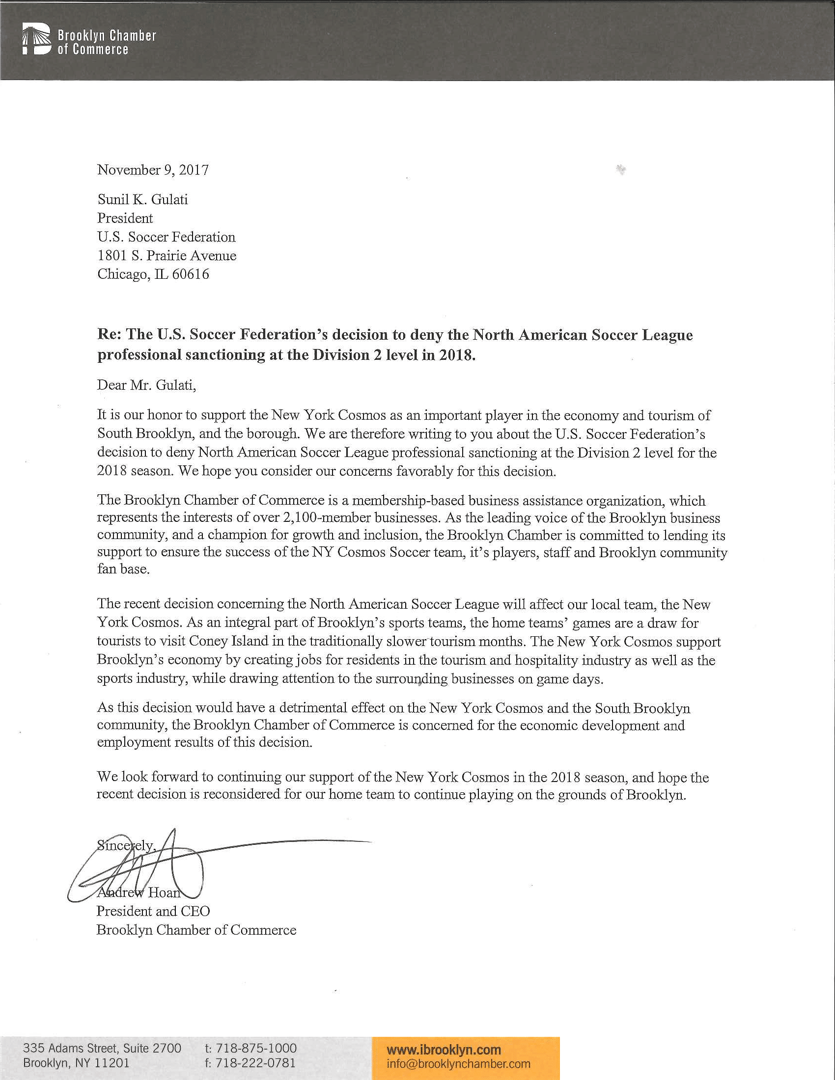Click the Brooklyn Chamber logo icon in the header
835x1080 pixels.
(36, 38)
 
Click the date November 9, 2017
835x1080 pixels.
(153, 170)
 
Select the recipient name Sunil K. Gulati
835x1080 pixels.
(142, 199)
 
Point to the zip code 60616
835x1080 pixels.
(191, 274)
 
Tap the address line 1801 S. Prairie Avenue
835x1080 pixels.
(167, 255)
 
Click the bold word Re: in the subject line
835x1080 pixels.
(109, 335)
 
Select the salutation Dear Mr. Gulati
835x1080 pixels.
(146, 385)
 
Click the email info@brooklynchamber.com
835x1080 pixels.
(458, 1063)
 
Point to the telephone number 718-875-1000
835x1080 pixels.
(256, 1048)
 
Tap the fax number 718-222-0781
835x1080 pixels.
(255, 1063)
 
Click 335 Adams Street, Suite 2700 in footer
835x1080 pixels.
(102, 1048)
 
